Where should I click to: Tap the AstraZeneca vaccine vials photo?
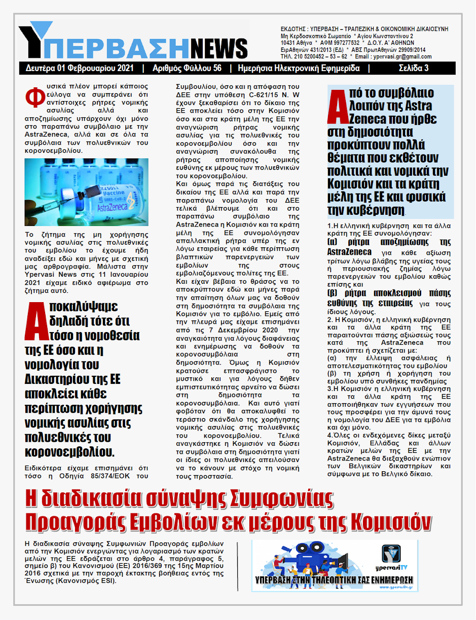point(86,192)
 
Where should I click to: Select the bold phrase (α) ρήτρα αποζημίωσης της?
point(389,242)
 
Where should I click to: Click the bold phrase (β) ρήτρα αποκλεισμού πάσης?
point(389,293)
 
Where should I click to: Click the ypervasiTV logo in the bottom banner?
point(391,557)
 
